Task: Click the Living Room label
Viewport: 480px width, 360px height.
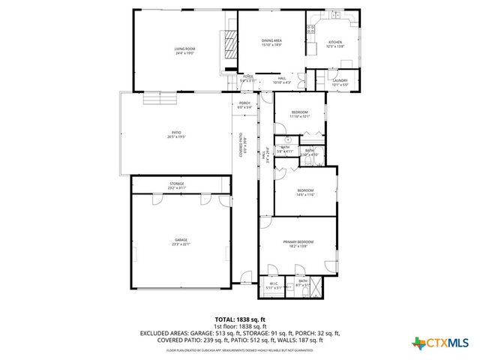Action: pyautogui.click(x=184, y=50)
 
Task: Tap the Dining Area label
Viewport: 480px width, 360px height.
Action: pyautogui.click(x=271, y=42)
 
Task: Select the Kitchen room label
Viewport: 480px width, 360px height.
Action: pyautogui.click(x=335, y=44)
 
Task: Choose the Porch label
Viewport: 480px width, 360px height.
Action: pyautogui.click(x=244, y=105)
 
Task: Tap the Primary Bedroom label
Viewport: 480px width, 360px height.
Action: pyautogui.click(x=298, y=242)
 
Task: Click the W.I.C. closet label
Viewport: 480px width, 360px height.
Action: pyautogui.click(x=274, y=285)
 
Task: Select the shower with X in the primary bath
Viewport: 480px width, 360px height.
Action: pyautogui.click(x=316, y=286)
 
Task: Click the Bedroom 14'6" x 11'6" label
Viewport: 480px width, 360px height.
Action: pyautogui.click(x=304, y=192)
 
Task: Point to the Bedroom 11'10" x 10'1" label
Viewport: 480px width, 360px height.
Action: pyautogui.click(x=300, y=114)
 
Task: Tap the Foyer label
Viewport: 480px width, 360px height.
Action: pyautogui.click(x=248, y=78)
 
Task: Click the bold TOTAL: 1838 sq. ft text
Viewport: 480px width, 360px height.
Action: pyautogui.click(x=240, y=319)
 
